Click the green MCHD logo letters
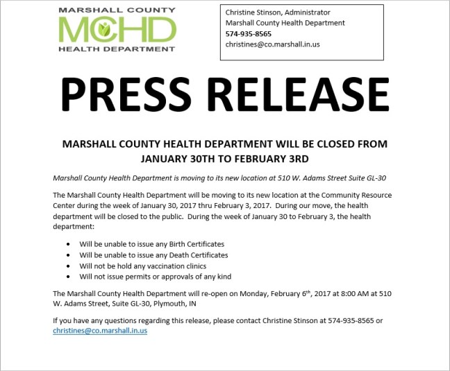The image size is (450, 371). (x=117, y=29)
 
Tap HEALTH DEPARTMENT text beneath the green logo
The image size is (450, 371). (x=117, y=49)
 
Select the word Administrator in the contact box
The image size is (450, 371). (x=305, y=12)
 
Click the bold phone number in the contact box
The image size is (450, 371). (x=248, y=33)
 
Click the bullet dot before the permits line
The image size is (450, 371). (x=67, y=277)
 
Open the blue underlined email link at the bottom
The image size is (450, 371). (x=100, y=331)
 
